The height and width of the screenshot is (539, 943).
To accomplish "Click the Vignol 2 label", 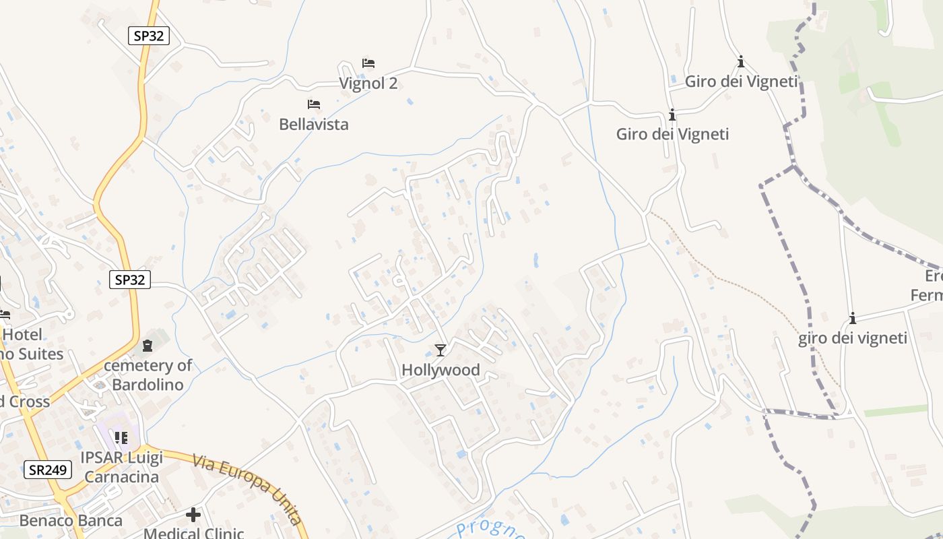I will click(x=368, y=84).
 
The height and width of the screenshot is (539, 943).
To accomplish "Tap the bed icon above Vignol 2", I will click(x=368, y=63).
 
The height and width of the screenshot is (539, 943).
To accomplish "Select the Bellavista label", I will click(x=314, y=125).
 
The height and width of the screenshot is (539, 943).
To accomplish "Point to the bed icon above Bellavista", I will click(x=314, y=104).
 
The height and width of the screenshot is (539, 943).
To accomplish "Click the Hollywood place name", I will click(x=441, y=370).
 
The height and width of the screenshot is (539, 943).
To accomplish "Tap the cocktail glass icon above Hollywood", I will click(x=441, y=350).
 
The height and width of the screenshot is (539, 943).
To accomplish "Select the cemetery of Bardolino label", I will click(x=148, y=375).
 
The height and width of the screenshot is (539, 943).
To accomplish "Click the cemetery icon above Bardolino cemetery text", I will click(x=148, y=346).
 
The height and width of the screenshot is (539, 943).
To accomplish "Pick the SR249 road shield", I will click(x=48, y=470).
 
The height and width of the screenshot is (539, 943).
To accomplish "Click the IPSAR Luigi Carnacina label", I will click(x=121, y=468).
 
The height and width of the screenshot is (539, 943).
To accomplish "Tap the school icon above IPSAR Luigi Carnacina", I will click(x=121, y=439).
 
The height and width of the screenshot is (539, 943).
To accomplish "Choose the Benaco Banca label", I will click(x=71, y=521).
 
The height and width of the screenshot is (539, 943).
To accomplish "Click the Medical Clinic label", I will click(x=193, y=534).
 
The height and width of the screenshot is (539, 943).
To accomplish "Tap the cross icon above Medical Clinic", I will click(x=193, y=515).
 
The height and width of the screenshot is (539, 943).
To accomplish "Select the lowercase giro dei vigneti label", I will click(x=853, y=338).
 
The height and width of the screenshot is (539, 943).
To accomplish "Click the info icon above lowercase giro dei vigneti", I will click(x=853, y=319).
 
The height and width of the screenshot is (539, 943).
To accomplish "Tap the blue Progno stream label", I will click(x=489, y=530).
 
